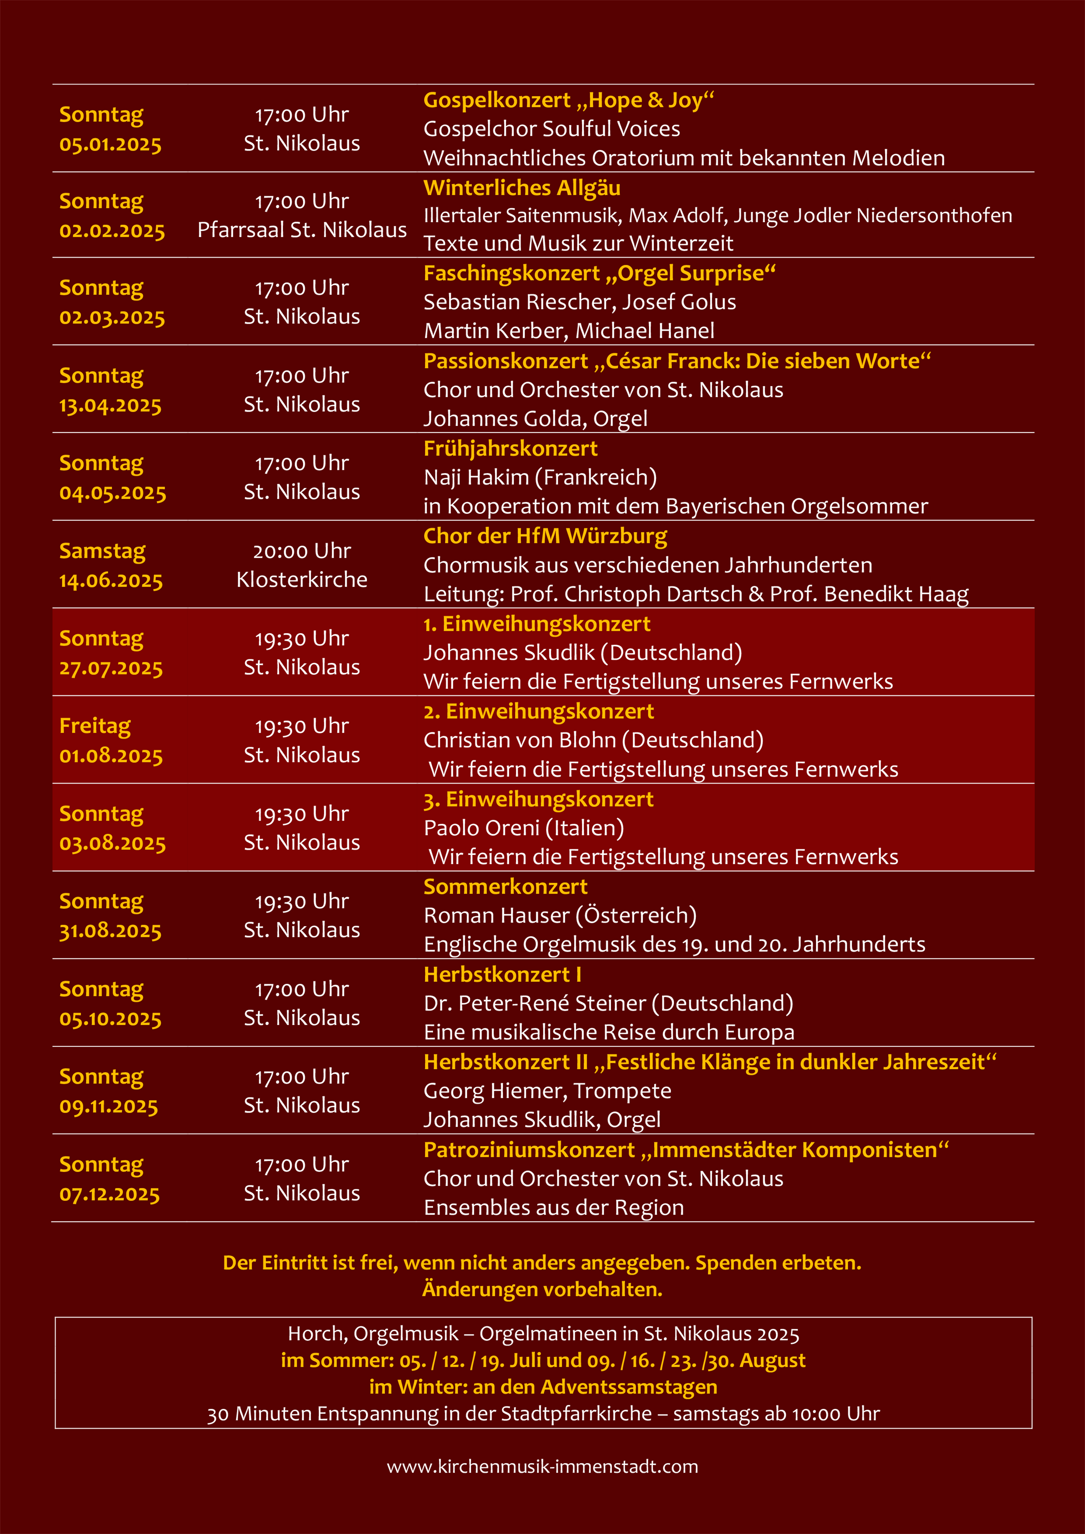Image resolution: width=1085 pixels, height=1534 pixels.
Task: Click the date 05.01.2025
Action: coord(110,144)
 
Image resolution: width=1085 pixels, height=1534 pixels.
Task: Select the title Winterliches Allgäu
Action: coord(522,188)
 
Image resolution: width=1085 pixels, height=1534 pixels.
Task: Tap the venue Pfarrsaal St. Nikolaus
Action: coord(302,230)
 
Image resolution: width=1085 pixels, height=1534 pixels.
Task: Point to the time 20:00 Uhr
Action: coord(302,551)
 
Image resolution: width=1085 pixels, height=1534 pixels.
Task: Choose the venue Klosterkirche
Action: coord(302,579)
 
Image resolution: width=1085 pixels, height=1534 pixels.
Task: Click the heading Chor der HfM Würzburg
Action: coord(545,536)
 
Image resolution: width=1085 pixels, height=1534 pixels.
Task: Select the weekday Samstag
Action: coord(102,551)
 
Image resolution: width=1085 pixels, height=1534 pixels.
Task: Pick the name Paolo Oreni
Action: coord(481,828)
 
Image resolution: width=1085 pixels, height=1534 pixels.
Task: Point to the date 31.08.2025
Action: coord(110,931)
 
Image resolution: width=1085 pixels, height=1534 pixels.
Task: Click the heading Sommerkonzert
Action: coord(505,887)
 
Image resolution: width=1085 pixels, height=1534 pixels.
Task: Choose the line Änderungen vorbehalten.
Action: coord(542,1289)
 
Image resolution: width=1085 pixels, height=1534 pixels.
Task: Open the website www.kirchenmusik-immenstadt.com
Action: coord(542,1467)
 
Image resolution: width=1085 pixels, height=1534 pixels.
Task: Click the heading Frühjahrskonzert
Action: coord(510,448)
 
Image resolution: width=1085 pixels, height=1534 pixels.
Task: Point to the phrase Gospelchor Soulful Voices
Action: coord(552,128)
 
